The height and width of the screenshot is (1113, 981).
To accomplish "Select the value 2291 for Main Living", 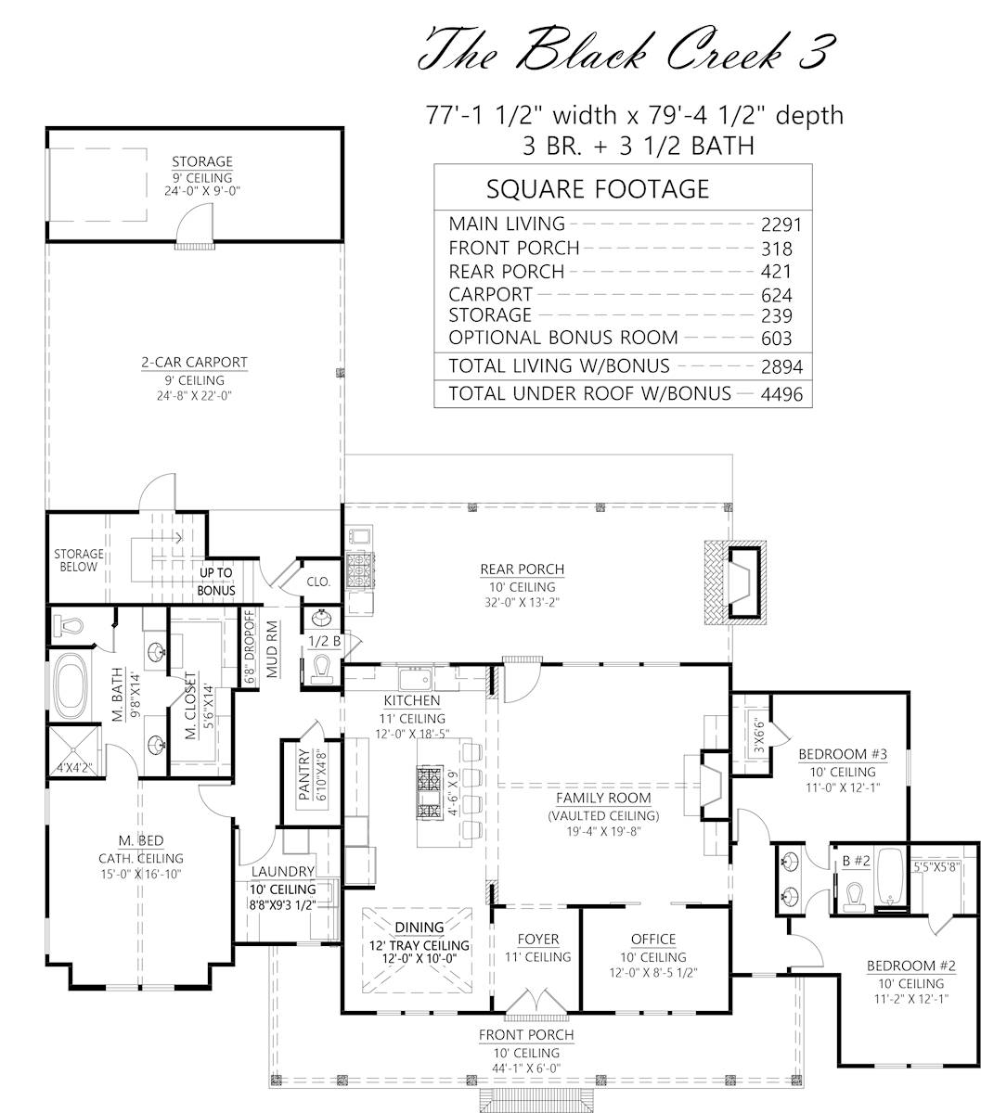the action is click(x=781, y=224).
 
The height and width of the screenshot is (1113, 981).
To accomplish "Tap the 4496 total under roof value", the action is click(x=781, y=394).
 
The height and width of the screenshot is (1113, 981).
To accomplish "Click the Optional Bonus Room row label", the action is click(x=563, y=338).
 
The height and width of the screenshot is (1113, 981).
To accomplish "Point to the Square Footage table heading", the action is click(x=598, y=189).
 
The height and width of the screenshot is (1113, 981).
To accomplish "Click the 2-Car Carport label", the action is click(x=195, y=363).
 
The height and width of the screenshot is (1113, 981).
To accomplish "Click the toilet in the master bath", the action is click(x=68, y=624).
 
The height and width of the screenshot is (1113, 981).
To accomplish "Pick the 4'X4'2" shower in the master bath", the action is click(x=75, y=751).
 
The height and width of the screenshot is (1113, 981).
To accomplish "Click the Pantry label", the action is click(x=304, y=774).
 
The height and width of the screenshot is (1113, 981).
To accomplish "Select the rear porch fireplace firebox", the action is click(x=744, y=582).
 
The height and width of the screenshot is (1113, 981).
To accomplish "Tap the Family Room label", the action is click(x=603, y=798).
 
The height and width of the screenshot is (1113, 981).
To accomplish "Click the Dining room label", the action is click(x=420, y=927).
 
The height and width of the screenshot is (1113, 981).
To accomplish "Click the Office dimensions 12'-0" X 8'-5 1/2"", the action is click(x=653, y=972).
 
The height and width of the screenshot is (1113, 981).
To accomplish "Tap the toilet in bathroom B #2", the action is click(x=855, y=897).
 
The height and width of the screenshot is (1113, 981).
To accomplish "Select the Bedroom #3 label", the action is click(x=843, y=754).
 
